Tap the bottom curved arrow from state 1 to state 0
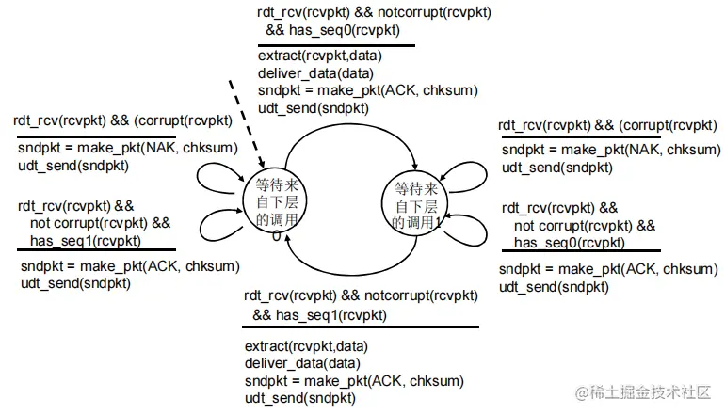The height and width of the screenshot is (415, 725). (x=344, y=267)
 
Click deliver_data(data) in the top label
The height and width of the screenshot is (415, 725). (x=315, y=73)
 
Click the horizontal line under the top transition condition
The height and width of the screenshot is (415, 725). (x=334, y=44)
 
